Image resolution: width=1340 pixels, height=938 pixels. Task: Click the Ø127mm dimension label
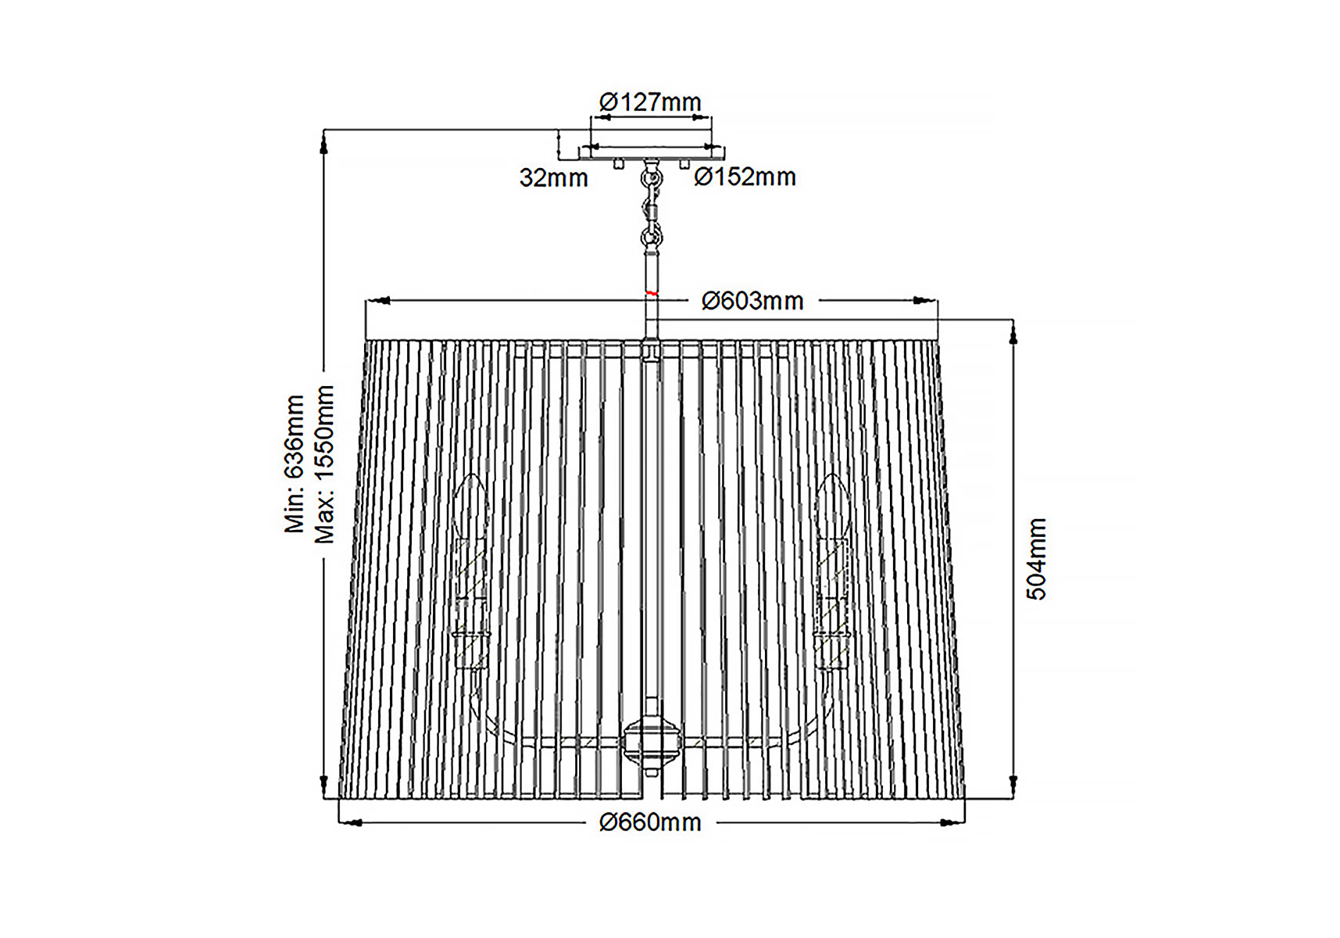pyautogui.click(x=650, y=102)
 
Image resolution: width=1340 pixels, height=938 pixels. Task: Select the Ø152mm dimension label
pyautogui.click(x=745, y=177)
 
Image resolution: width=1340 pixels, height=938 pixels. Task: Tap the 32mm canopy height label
pyautogui.click(x=553, y=178)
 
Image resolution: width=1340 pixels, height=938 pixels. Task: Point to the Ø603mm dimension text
pyautogui.click(x=752, y=301)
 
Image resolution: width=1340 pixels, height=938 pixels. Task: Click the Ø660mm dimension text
pyautogui.click(x=650, y=822)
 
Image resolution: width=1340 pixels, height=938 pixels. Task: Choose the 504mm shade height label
pyautogui.click(x=1036, y=559)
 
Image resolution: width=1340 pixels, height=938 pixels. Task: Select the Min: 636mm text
pyautogui.click(x=294, y=464)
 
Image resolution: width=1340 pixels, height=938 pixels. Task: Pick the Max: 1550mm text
pyautogui.click(x=324, y=464)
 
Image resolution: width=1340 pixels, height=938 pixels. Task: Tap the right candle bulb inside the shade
pyautogui.click(x=831, y=508)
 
